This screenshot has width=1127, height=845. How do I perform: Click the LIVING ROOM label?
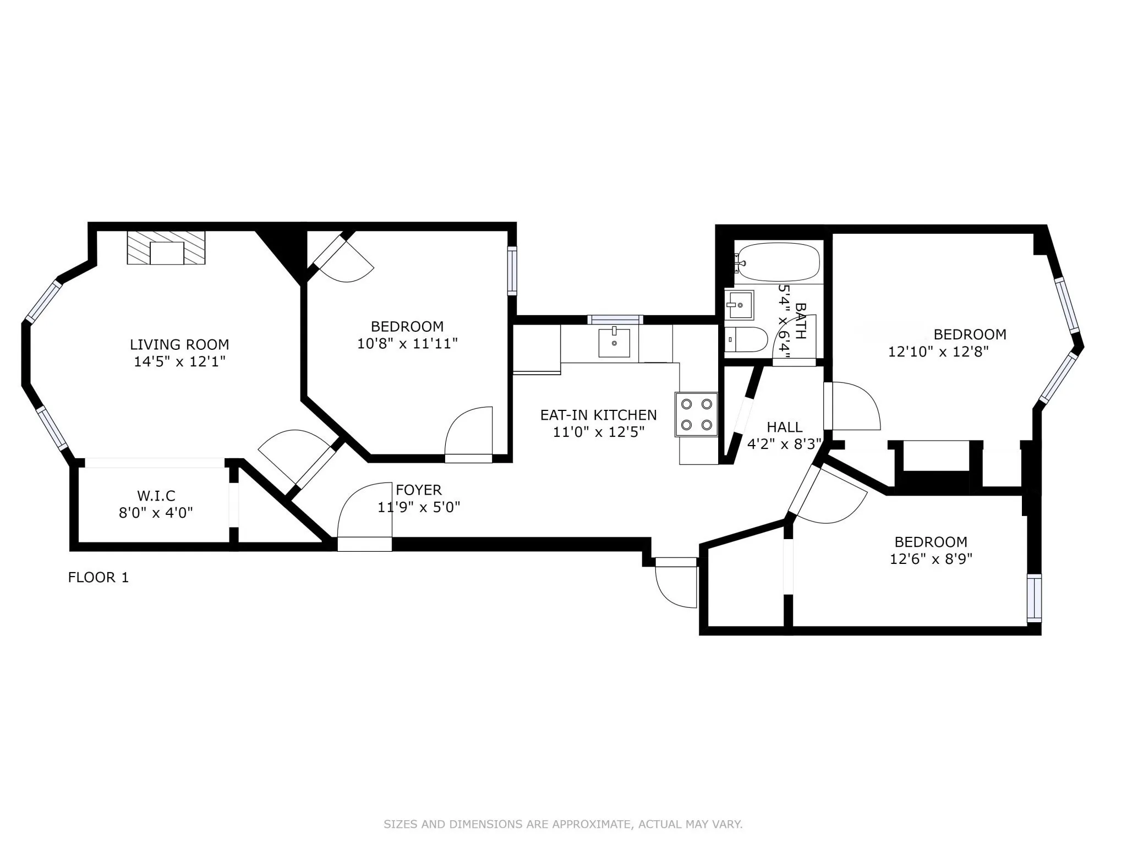click(179, 344)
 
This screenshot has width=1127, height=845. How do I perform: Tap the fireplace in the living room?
click(166, 248)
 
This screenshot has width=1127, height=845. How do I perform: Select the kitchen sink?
click(614, 342)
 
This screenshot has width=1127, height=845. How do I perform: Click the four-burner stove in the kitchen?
click(697, 414)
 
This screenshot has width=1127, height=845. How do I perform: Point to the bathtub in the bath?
click(778, 262)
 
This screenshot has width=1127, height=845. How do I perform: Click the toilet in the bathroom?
click(746, 339)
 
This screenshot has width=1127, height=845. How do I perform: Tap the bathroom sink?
click(740, 304)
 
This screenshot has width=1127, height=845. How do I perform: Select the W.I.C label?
click(156, 496)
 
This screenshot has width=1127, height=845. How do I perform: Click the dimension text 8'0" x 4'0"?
click(156, 513)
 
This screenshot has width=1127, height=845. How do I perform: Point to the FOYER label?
click(419, 490)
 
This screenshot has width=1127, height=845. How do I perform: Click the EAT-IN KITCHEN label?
click(598, 415)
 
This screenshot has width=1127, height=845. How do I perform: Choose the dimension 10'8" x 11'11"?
click(408, 344)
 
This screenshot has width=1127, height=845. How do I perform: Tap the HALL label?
click(784, 427)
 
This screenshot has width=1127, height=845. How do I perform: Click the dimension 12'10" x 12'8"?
click(939, 351)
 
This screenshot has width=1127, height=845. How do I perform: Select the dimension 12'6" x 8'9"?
click(931, 559)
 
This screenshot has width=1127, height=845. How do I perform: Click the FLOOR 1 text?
click(99, 577)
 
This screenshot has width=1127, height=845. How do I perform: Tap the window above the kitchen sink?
click(615, 320)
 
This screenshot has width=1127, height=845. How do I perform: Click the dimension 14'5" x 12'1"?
click(180, 361)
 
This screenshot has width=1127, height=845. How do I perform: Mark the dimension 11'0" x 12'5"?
click(598, 432)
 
